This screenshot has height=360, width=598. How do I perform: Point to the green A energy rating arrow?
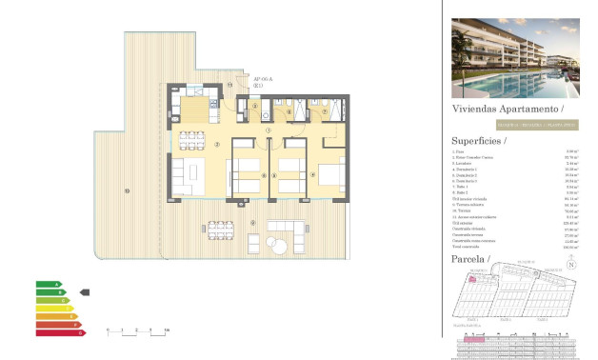(48, 284)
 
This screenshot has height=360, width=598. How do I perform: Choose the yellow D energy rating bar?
(54, 309)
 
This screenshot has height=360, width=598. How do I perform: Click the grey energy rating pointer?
(84, 292)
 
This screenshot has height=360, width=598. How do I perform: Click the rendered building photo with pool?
(514, 59)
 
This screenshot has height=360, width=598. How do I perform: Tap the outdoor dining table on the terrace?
(223, 232)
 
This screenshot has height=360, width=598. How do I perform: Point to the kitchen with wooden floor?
(195, 104)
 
